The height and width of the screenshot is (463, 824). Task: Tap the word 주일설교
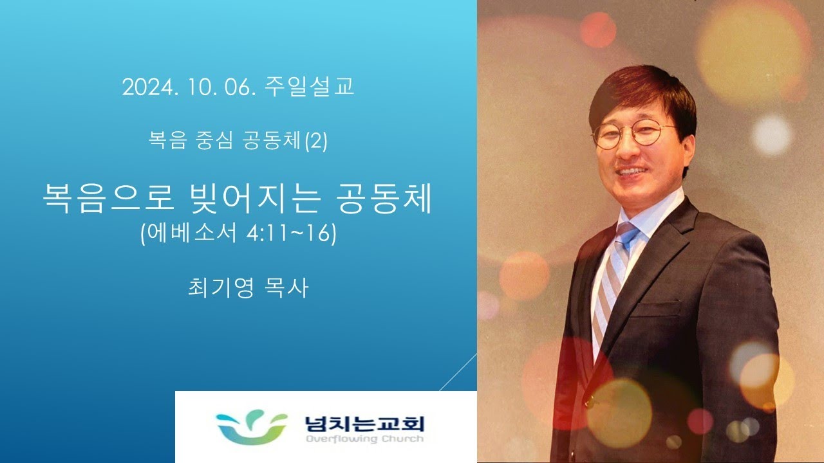pos(310,87)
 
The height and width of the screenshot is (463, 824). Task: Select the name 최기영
pos(221,287)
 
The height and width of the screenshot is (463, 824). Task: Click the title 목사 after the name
pos(286,287)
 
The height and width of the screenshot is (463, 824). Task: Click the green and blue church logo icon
pos(252,427)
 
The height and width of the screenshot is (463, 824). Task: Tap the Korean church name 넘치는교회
pos(364,424)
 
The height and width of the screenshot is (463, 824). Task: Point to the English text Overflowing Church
pos(364,439)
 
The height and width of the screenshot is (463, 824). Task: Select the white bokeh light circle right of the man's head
pos(771,135)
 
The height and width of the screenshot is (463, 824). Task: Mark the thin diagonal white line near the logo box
pos(458,372)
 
